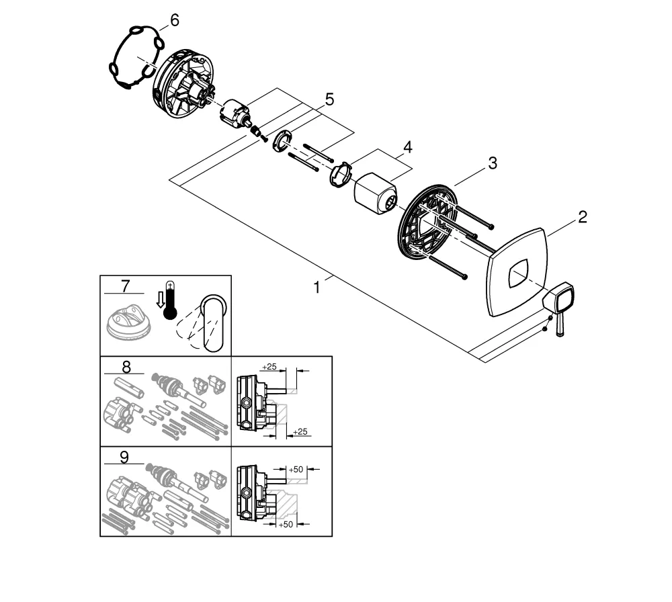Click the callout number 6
174,20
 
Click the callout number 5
329,99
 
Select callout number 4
407,146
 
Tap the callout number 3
493,163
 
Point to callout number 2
582,216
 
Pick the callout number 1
317,287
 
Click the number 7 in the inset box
124,286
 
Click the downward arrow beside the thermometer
159,300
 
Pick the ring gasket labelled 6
136,56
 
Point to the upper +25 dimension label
269,366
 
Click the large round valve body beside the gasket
181,87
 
